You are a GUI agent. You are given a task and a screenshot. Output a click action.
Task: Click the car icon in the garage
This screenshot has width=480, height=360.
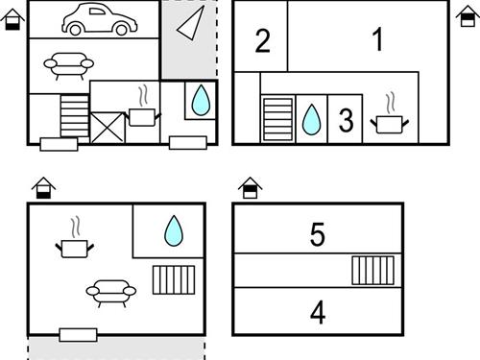pos(100,19)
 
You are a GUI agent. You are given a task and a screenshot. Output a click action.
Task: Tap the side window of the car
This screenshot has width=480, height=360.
pos(97,12)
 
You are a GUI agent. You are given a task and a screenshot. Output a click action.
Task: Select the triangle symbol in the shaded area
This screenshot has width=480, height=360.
pos(191,23)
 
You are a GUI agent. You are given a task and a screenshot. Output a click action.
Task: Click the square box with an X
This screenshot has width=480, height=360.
pos(108,128)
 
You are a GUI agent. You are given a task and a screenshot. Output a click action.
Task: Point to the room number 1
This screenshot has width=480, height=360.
pos(378,39)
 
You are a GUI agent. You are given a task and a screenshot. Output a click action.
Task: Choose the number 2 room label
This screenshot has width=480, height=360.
pos(263,40)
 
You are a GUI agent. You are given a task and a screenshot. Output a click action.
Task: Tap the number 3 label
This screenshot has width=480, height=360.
pos(346,120)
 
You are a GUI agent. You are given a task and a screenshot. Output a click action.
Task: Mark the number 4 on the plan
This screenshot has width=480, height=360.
pos(318,313)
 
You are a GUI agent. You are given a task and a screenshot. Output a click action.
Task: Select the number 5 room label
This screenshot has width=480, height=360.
pos(318,234)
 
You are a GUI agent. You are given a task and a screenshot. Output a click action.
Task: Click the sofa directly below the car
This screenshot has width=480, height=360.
pos(69,65)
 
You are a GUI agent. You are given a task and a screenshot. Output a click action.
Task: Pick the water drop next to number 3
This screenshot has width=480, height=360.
pos(311,119)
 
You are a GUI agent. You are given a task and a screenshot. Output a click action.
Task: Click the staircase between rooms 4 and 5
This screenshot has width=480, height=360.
pos(372,271)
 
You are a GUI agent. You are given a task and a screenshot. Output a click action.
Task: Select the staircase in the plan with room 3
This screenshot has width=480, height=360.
pos(277,119)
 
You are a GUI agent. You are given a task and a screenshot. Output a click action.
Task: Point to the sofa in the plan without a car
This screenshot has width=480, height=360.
pos(111,293)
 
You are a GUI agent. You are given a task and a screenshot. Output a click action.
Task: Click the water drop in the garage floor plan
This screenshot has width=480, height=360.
pos(201,100)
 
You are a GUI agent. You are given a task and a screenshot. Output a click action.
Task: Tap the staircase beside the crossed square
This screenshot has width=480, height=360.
pos(75,116)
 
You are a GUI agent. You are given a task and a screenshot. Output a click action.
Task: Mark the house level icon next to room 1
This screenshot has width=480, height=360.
pos(468,16)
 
